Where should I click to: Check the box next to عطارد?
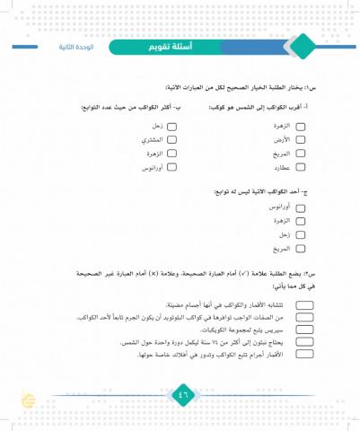pyautogui.click(x=301, y=167)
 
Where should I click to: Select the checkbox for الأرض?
pyautogui.click(x=301, y=141)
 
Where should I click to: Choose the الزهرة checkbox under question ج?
pyautogui.click(x=301, y=220)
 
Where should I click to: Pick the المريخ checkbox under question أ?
pyautogui.click(x=301, y=154)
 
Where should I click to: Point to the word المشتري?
pyautogui.click(x=152, y=141)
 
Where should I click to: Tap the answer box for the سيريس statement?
pyautogui.click(x=304, y=330)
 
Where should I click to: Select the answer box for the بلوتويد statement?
pyautogui.click(x=304, y=317)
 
